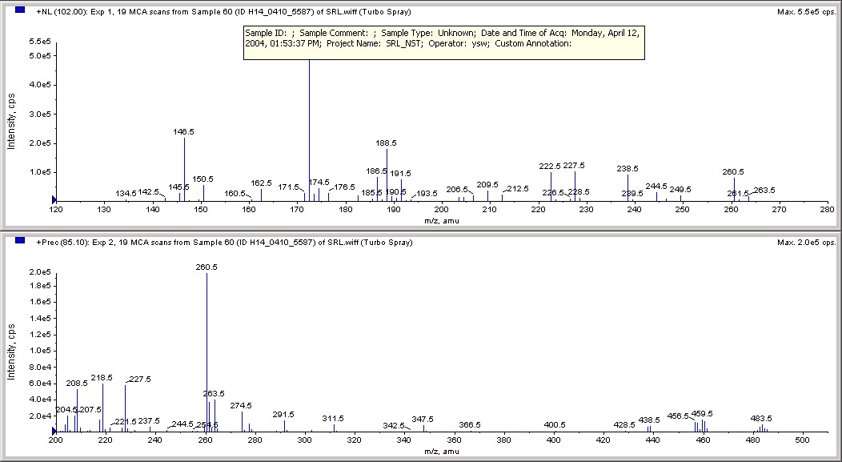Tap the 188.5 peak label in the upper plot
[387, 143]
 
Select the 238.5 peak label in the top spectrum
[627, 169]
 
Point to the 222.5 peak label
[551, 166]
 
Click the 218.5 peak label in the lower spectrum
[102, 377]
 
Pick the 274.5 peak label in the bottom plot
[241, 405]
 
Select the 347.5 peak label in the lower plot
[423, 419]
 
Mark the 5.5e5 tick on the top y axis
[39, 41]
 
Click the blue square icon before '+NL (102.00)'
[20, 11]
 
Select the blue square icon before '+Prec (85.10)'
[20, 241]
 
